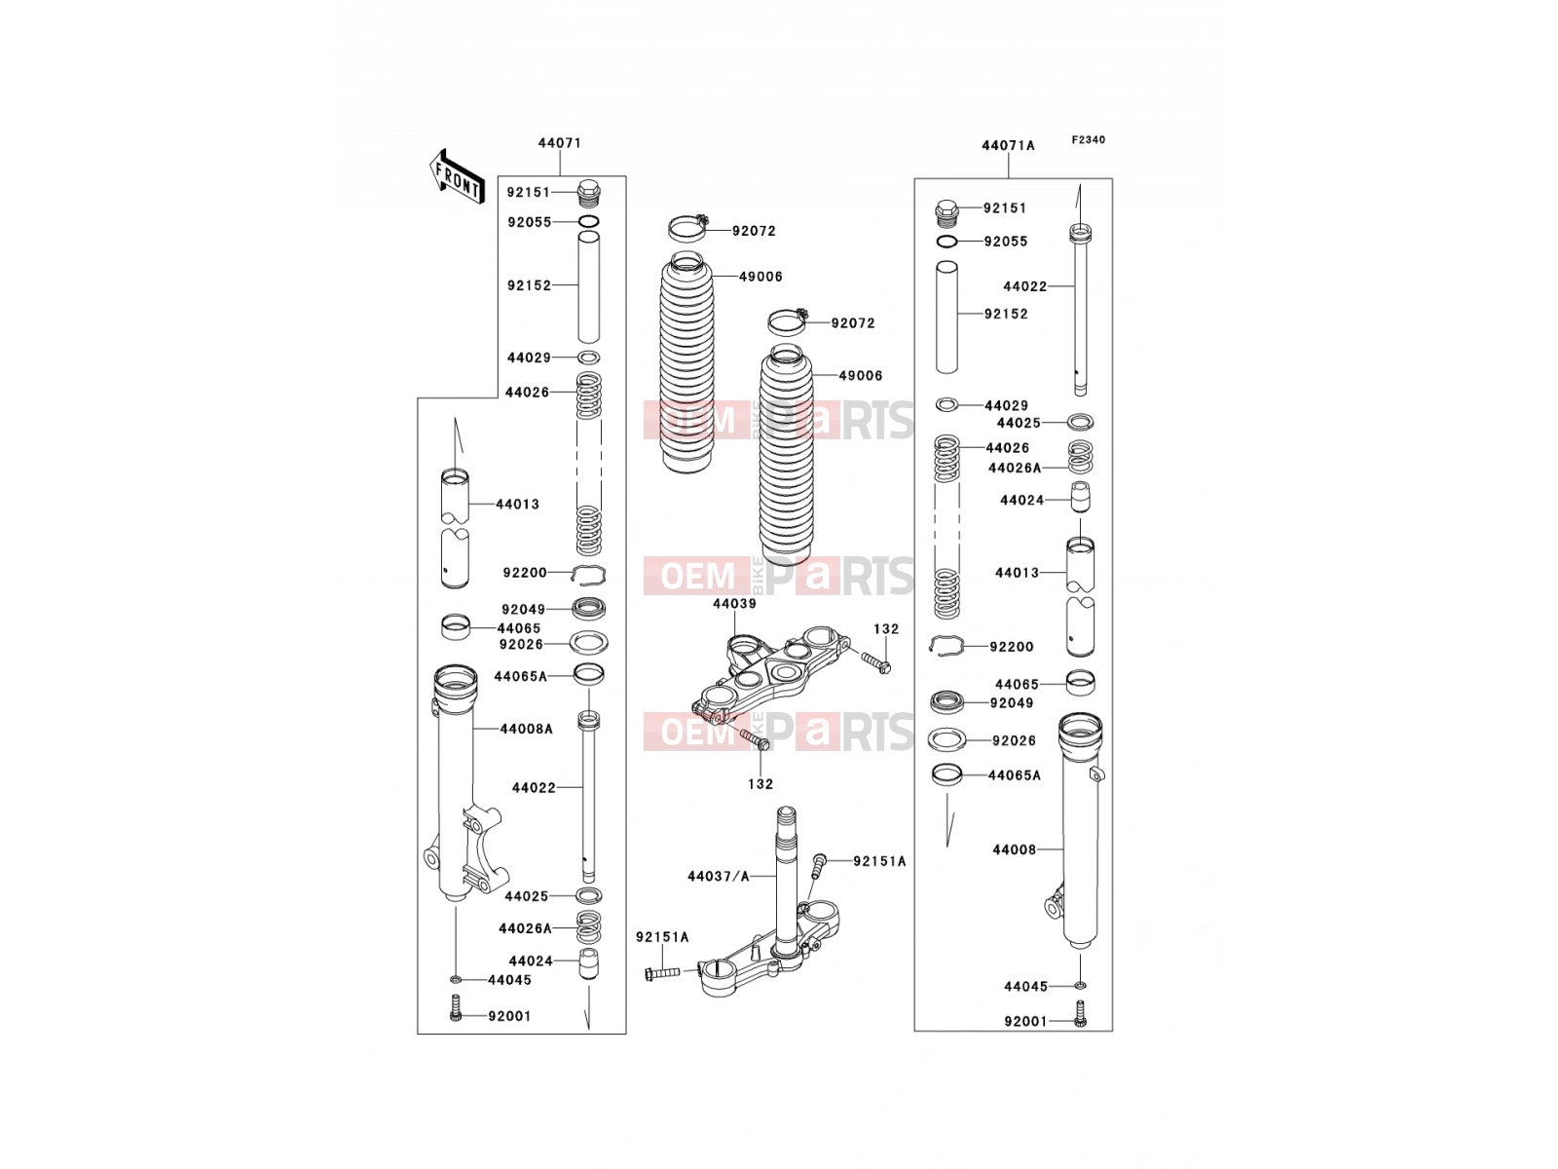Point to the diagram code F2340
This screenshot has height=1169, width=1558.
[1088, 140]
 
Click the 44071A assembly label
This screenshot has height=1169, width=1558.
[1008, 145]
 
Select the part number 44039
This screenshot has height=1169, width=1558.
[734, 604]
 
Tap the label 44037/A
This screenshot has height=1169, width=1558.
[719, 877]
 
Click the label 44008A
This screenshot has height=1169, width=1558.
[526, 729]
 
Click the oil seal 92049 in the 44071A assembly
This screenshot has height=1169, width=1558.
[946, 702]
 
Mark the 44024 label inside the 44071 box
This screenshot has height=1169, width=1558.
[531, 962]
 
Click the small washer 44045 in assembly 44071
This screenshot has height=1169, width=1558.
[455, 979]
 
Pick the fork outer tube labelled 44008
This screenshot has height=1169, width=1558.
[1080, 830]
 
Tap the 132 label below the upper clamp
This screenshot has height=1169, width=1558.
[760, 784]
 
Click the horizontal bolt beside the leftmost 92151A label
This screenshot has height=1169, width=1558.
[661, 971]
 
